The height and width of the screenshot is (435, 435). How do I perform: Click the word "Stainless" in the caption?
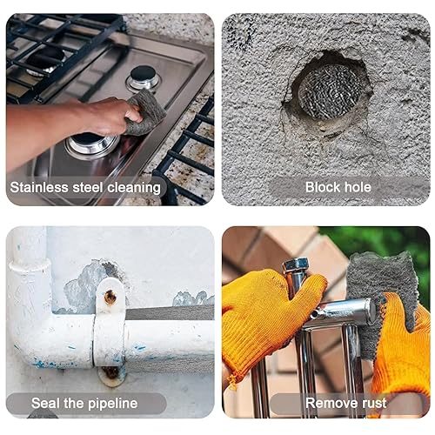click(39, 187)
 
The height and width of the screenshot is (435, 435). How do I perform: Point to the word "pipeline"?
click(113, 404)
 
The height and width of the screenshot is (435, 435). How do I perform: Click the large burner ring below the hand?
click(92, 145)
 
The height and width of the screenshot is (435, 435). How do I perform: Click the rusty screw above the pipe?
click(110, 298)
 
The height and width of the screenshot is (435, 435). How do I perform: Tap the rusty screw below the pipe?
click(111, 372)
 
